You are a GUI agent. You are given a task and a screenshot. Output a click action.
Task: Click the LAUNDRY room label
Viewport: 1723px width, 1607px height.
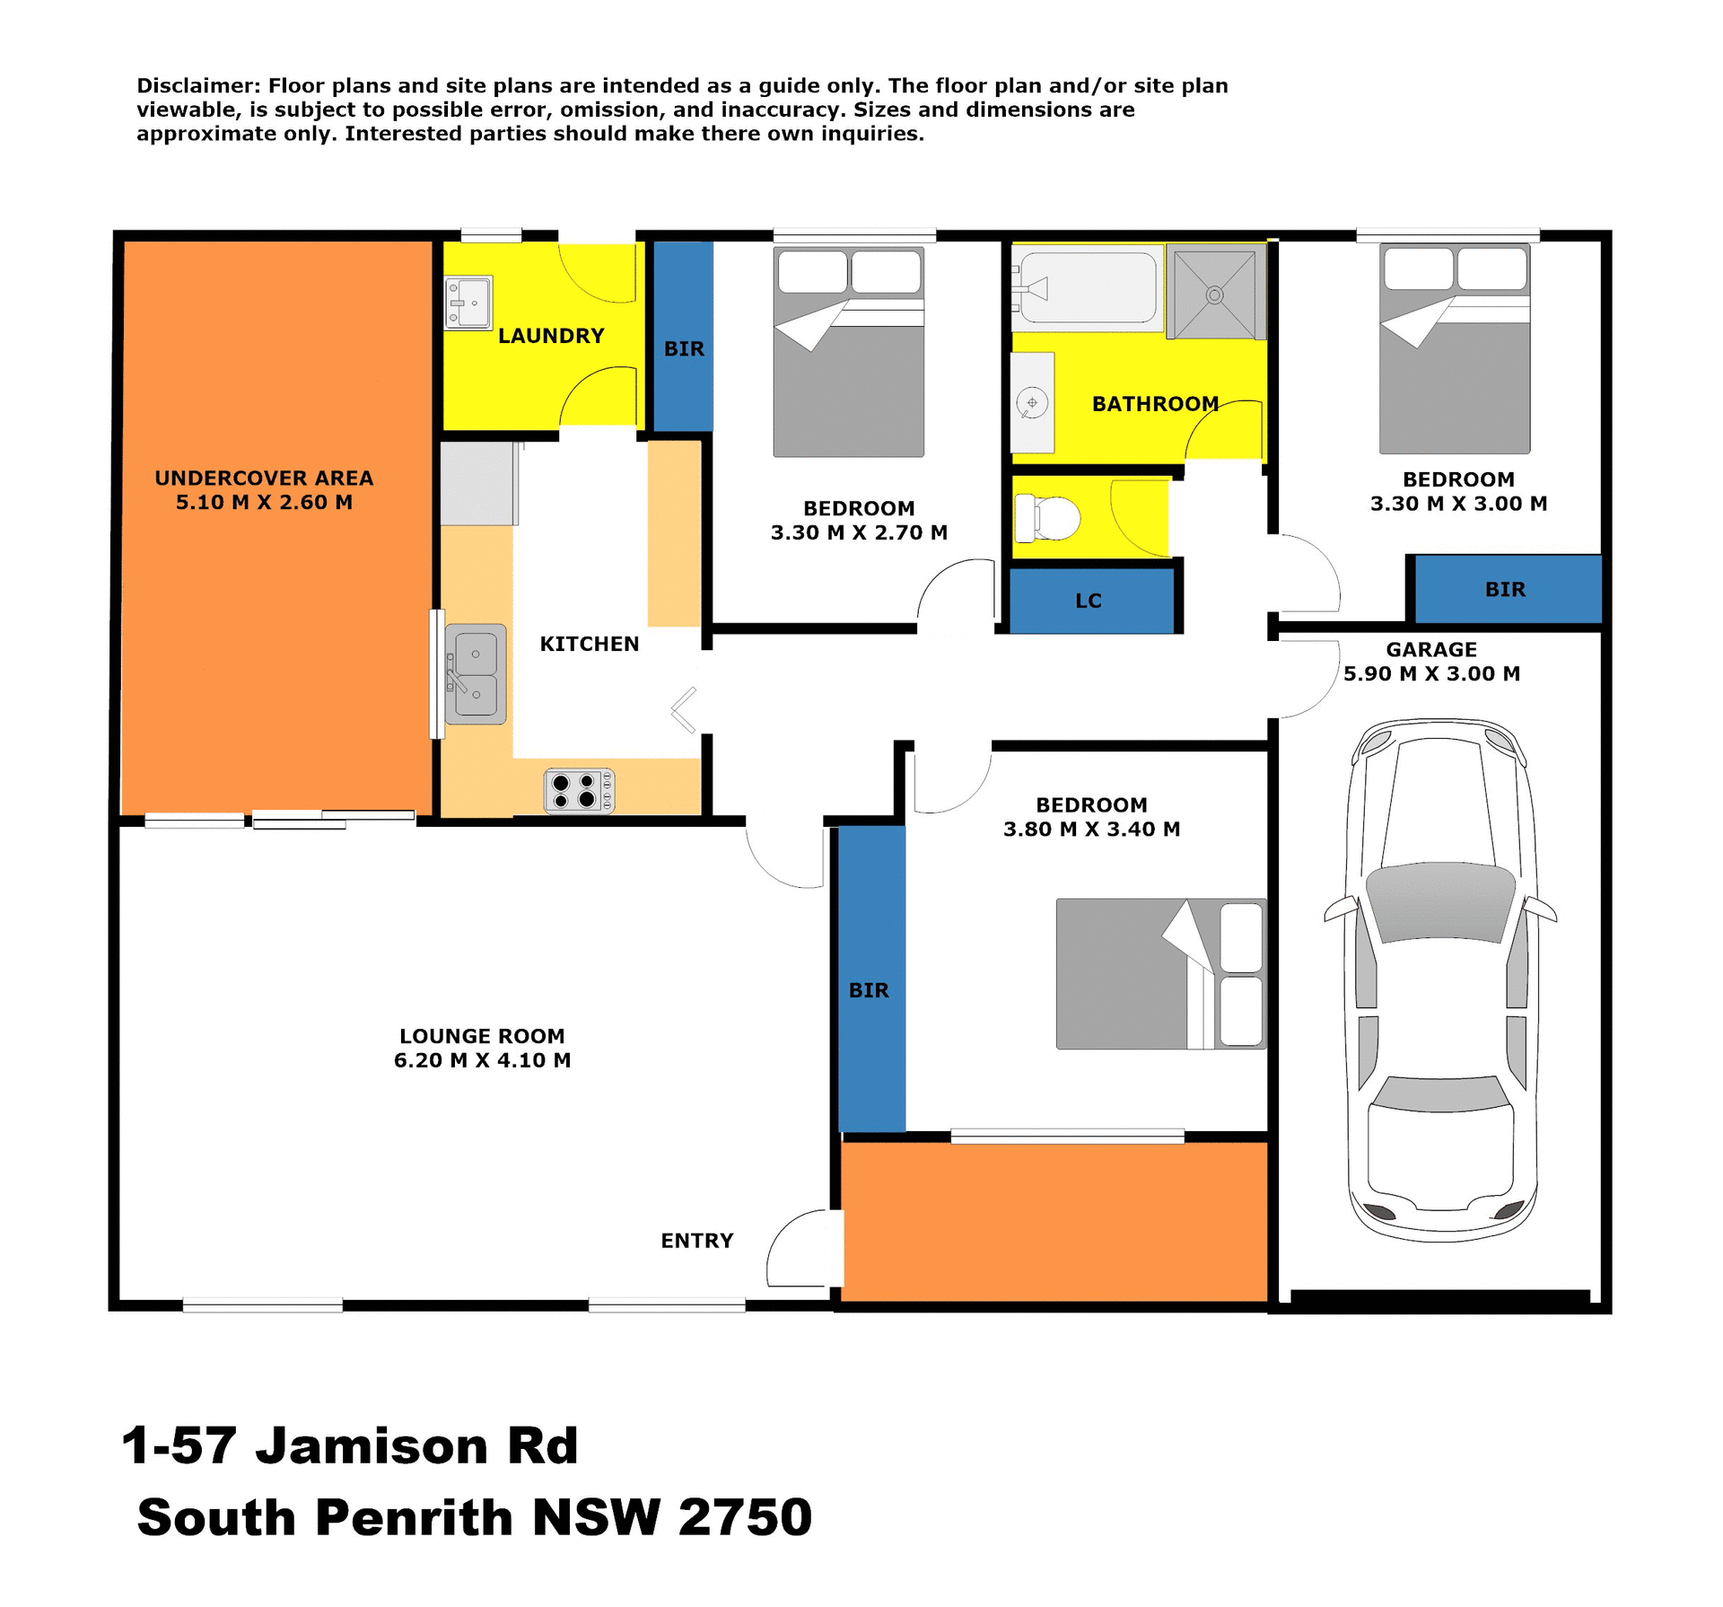551,336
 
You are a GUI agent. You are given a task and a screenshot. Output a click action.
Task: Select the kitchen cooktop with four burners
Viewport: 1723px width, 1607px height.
579,791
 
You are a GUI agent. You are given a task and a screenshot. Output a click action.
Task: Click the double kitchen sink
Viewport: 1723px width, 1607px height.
475,674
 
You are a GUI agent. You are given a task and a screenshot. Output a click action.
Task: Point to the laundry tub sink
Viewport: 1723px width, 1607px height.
468,303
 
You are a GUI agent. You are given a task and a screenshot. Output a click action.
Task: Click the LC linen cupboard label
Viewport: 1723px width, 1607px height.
1088,601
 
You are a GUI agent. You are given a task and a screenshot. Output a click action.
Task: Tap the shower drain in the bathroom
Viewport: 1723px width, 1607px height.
1214,294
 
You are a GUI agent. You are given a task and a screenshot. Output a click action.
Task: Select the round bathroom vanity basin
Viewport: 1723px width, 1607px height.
1032,403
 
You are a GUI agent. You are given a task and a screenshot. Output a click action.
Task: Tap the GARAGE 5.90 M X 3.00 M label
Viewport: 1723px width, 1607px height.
1430,662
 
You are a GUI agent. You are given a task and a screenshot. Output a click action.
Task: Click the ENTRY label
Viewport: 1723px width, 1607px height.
696,1241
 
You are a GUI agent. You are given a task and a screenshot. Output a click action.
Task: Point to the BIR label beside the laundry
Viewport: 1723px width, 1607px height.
684,349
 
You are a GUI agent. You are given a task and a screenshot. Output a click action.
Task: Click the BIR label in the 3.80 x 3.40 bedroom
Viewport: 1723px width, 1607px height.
869,990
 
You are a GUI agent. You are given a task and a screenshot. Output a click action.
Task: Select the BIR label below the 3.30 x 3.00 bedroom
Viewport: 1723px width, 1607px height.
1505,590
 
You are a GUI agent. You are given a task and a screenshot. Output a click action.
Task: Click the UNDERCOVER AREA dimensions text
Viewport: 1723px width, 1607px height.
264,503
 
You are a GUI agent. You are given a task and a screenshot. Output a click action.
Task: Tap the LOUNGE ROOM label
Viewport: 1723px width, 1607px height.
482,1036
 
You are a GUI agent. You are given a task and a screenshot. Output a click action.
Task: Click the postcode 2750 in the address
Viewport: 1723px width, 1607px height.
745,1517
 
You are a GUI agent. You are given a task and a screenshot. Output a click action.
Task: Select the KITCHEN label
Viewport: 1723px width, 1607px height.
589,644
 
